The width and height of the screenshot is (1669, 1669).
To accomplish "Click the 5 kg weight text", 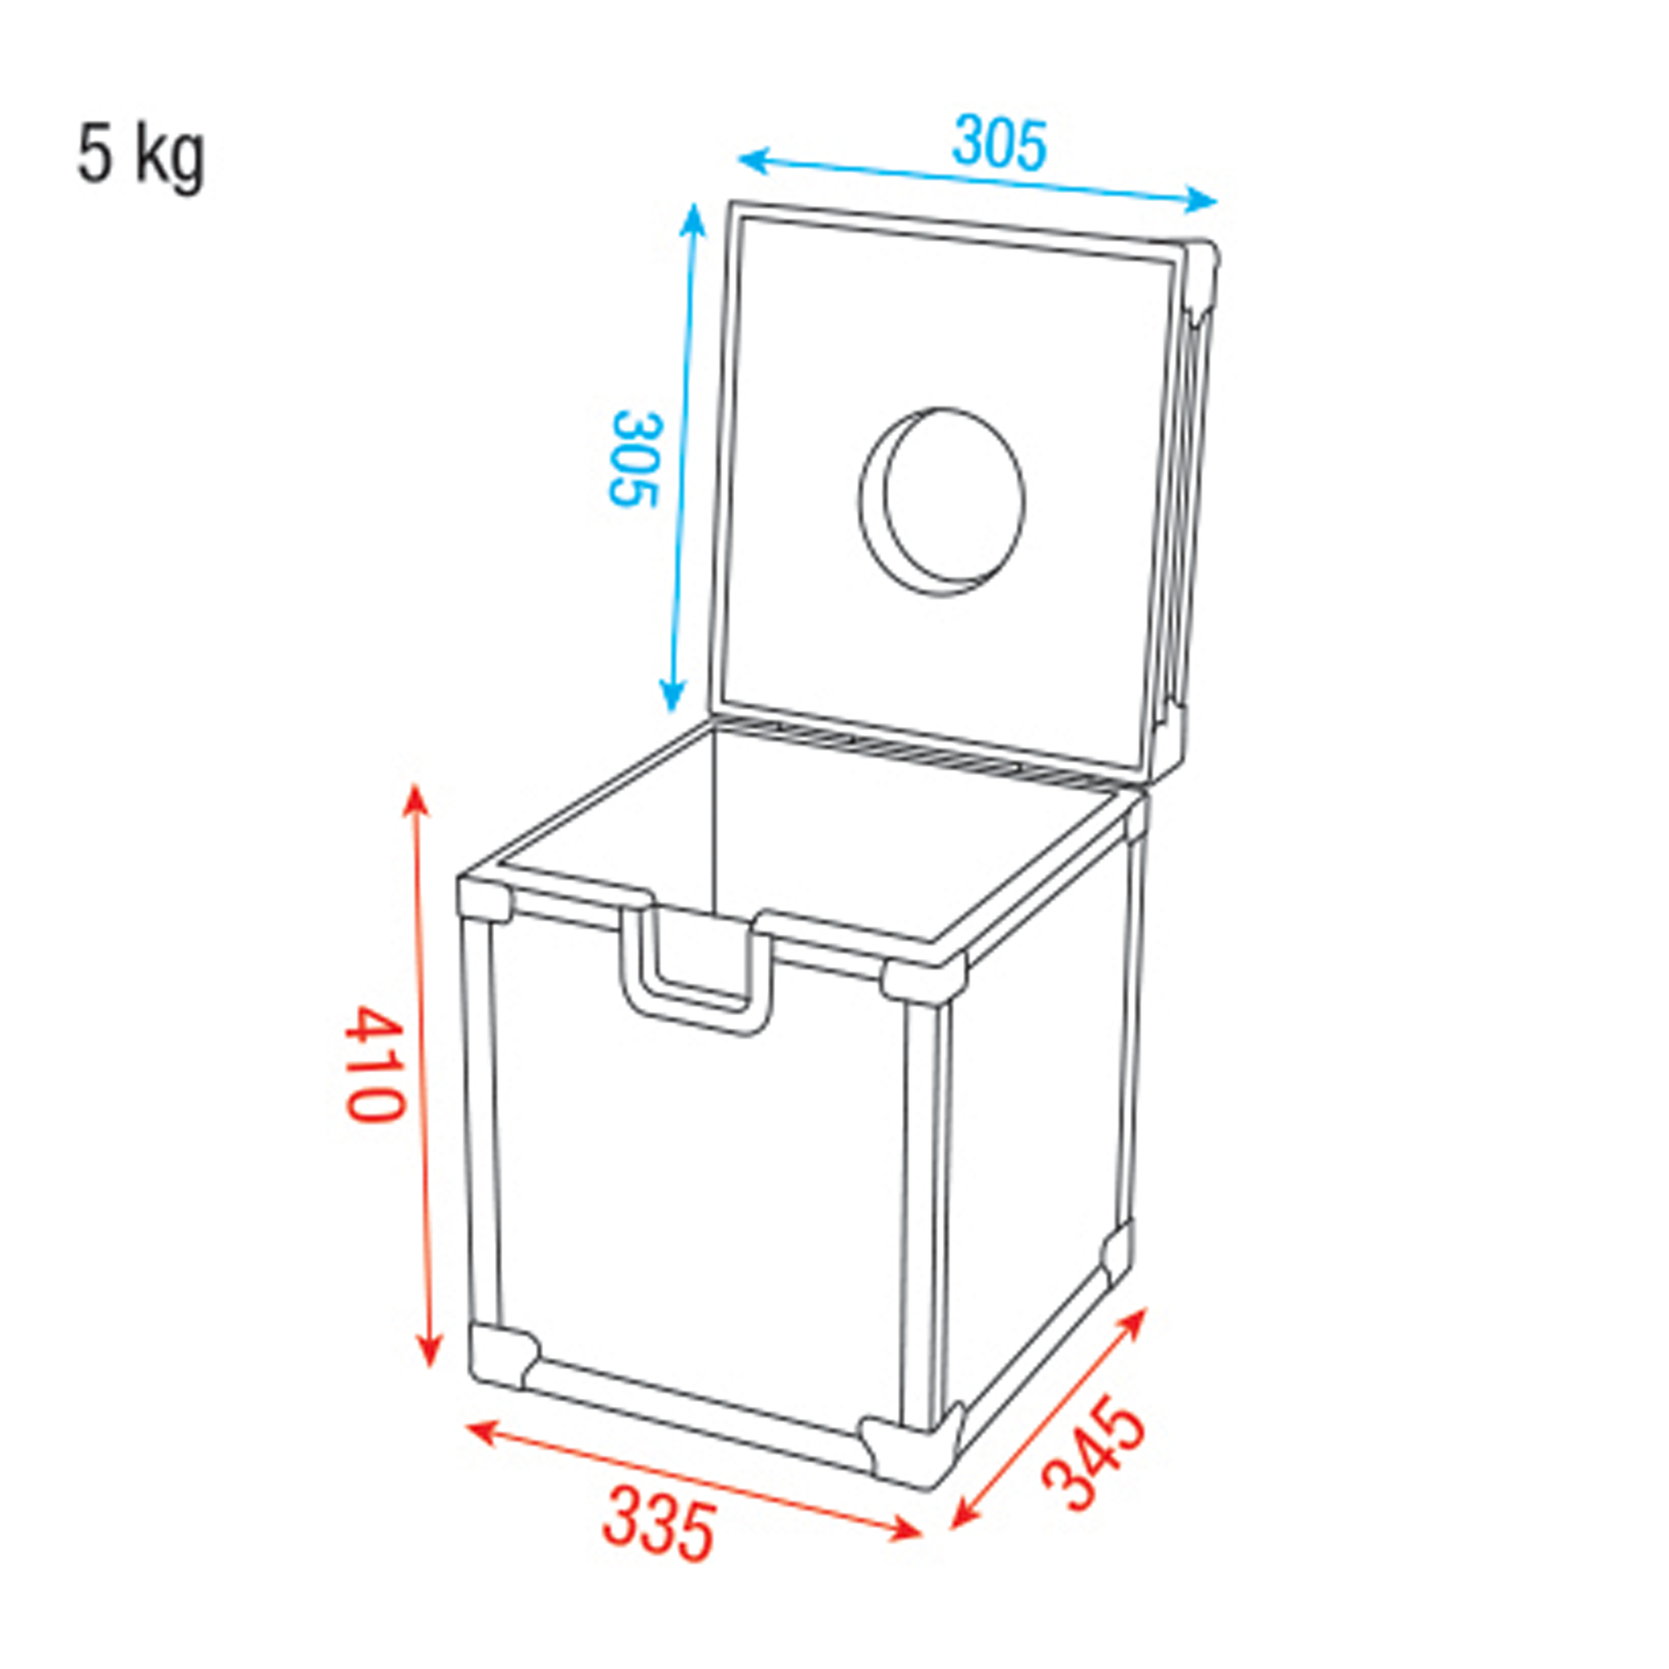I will click(142, 158).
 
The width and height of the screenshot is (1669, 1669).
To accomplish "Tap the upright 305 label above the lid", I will click(999, 144).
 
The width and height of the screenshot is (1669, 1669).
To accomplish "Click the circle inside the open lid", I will click(942, 502).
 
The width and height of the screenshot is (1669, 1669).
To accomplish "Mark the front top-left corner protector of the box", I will click(485, 899).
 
